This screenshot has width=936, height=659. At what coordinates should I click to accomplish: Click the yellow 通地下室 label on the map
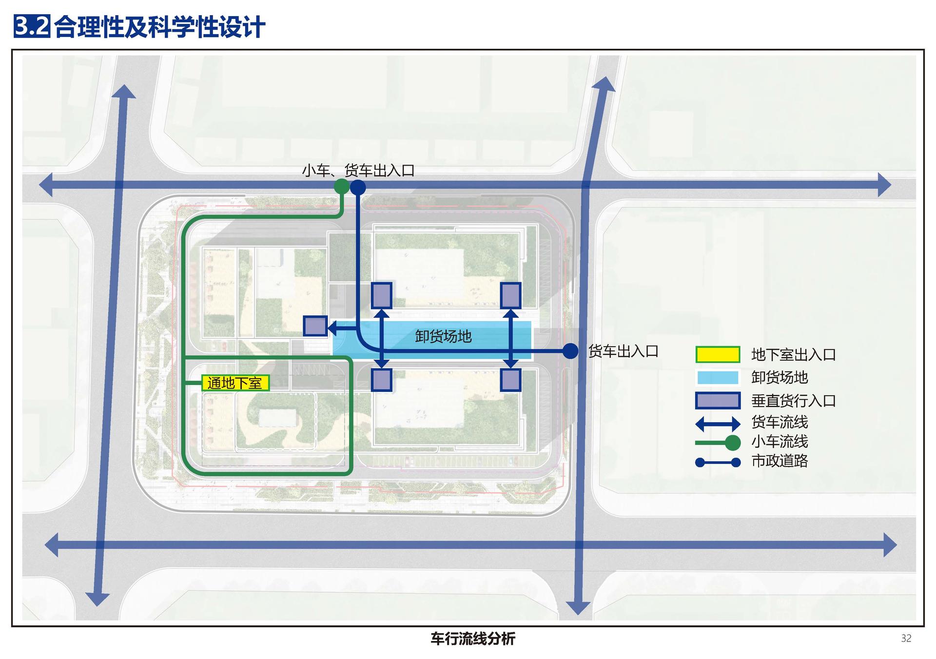pyautogui.click(x=235, y=383)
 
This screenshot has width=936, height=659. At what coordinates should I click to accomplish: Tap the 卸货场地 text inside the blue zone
pyautogui.click(x=443, y=336)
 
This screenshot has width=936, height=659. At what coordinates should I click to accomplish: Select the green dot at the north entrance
pyautogui.click(x=342, y=186)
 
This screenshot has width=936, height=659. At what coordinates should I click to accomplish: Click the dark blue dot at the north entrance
pyautogui.click(x=358, y=187)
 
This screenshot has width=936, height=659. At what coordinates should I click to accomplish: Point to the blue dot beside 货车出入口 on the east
pyautogui.click(x=570, y=351)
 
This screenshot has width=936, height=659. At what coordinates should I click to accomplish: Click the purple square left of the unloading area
pyautogui.click(x=315, y=326)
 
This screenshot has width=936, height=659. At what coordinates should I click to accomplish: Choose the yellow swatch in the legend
pyautogui.click(x=718, y=354)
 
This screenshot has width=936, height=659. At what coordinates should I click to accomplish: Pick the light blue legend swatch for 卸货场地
pyautogui.click(x=718, y=378)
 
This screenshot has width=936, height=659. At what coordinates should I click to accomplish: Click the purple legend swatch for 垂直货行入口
pyautogui.click(x=718, y=401)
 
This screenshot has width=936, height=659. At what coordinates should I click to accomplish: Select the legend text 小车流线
pyautogui.click(x=780, y=442)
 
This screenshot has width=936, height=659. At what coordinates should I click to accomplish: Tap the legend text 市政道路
pyautogui.click(x=780, y=461)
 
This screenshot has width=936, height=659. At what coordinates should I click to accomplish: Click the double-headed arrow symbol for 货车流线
pyautogui.click(x=718, y=424)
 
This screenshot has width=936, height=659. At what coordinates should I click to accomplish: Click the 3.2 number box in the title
pyautogui.click(x=32, y=26)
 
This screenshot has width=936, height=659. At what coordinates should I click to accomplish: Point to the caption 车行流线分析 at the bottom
pyautogui.click(x=472, y=639)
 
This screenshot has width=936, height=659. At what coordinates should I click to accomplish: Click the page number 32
pyautogui.click(x=906, y=639)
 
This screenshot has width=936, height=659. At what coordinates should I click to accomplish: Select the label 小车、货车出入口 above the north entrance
pyautogui.click(x=358, y=171)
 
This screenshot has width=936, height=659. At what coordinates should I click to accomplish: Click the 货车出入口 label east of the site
pyautogui.click(x=624, y=351)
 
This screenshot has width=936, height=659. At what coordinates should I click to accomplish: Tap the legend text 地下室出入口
pyautogui.click(x=794, y=355)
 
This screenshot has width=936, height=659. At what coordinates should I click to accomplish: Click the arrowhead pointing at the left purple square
pyautogui.click(x=333, y=329)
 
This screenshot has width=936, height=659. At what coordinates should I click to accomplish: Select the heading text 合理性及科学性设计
pyautogui.click(x=160, y=27)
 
